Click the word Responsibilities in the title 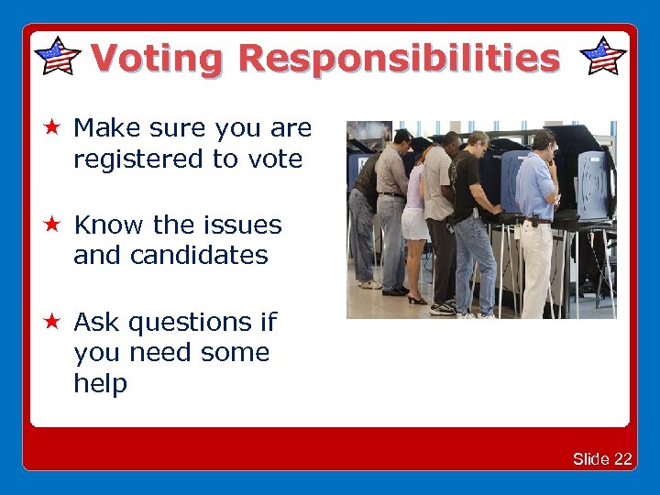(398, 58)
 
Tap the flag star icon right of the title (604, 57)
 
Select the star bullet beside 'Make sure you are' (53, 127)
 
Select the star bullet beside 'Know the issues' (53, 225)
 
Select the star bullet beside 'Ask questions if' (53, 322)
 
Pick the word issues (244, 225)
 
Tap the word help (100, 383)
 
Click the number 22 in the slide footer (623, 459)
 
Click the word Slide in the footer (591, 459)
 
